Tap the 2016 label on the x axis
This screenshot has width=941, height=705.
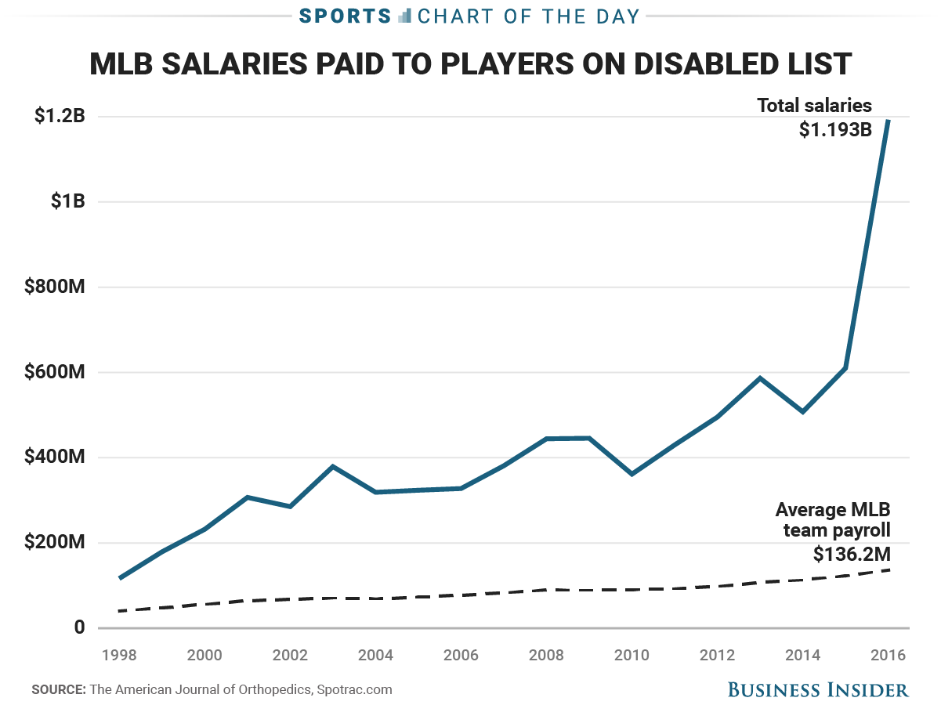tap(889, 655)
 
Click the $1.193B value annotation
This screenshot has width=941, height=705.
tap(835, 129)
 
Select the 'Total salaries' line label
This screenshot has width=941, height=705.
tap(814, 106)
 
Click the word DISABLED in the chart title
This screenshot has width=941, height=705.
tap(685, 63)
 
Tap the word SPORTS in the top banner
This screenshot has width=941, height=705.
tap(346, 16)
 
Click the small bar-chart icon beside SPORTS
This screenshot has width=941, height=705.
tap(405, 16)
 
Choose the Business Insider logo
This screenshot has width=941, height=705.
tap(818, 689)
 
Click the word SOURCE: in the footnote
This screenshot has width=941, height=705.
tap(58, 690)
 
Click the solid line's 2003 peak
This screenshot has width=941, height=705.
tap(333, 467)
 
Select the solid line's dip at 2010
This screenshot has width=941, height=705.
tap(632, 474)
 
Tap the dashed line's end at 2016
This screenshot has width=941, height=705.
tap(889, 569)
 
